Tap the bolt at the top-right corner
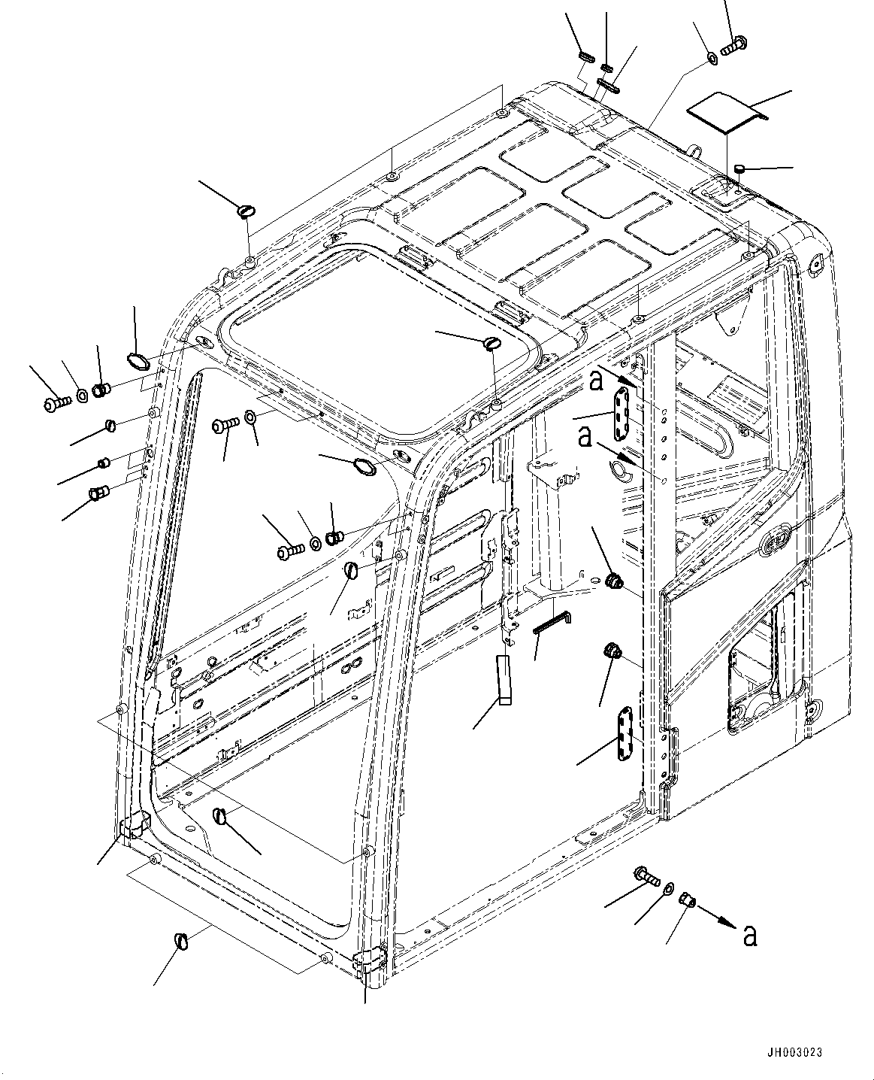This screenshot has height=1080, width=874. tap(732, 44)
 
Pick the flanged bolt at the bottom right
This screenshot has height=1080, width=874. tap(646, 875)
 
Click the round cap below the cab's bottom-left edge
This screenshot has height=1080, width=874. tap(182, 940)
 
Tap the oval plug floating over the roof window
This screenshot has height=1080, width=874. tap(492, 343)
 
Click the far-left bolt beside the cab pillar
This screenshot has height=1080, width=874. tap(56, 403)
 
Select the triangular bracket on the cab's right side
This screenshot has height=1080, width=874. tap(728, 320)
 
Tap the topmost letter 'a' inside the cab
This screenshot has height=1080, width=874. tap(596, 381)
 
